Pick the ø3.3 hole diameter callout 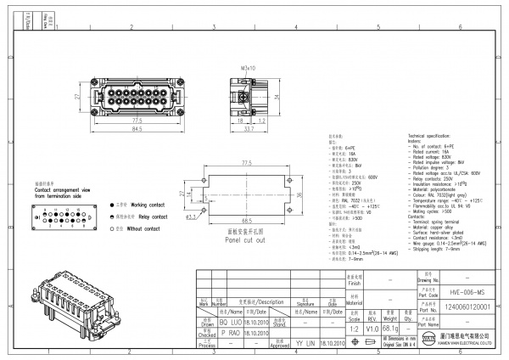193,217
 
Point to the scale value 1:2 354,328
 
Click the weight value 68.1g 390,328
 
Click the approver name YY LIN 305,344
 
